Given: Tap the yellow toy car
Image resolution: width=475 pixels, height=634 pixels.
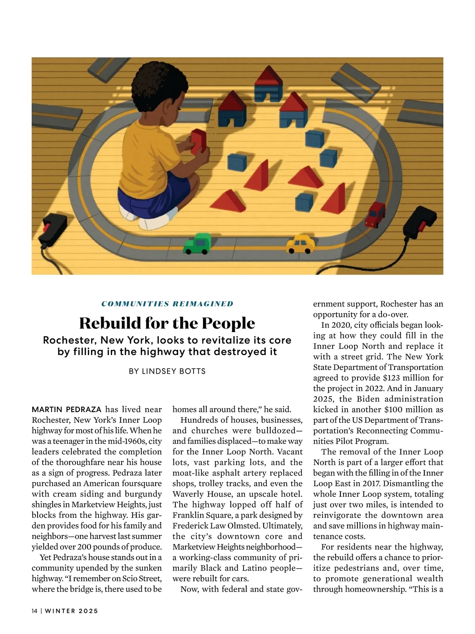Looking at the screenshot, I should (300, 244).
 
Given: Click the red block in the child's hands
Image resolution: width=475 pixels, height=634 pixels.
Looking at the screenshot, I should (198, 141).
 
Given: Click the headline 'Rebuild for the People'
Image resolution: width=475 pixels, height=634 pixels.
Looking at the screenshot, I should (167, 323).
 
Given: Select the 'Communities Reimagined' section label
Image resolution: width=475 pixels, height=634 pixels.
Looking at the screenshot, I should (167, 304).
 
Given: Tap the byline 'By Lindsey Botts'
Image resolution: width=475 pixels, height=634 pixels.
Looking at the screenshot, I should (167, 371).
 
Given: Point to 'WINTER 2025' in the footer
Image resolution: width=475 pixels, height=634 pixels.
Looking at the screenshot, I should (72, 611).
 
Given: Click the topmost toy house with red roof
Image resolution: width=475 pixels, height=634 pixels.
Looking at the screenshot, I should (268, 84).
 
